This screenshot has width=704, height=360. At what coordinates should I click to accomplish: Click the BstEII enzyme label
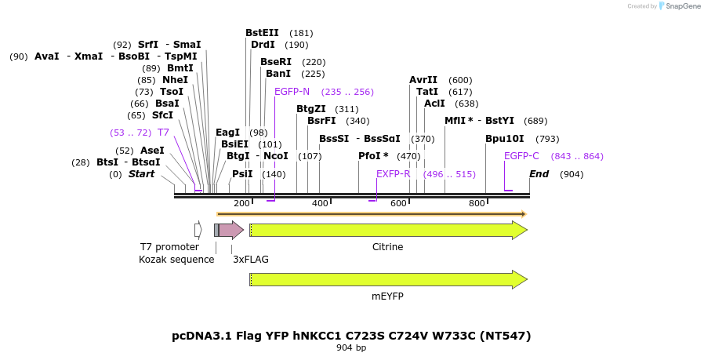point(262,33)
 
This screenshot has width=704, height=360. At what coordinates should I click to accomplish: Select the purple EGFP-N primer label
point(292,92)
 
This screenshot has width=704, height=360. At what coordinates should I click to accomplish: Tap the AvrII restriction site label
point(423,80)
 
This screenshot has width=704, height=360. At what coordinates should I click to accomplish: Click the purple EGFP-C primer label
point(521,156)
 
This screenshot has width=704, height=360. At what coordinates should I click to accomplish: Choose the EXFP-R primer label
point(393,174)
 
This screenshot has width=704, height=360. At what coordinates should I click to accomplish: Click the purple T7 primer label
point(163,133)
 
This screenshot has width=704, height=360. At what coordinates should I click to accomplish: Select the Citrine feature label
point(387,247)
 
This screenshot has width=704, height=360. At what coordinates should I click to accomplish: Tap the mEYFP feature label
point(387,297)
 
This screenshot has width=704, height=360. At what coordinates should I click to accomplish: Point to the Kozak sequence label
point(176,259)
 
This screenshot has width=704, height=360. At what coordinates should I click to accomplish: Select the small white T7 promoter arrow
point(198,230)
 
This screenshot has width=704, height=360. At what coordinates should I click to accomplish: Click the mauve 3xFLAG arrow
point(230,230)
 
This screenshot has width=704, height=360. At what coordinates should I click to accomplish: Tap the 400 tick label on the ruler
point(320,204)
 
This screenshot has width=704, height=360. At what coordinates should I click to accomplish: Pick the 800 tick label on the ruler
point(477,204)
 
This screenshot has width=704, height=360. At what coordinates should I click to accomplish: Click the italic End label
point(539,174)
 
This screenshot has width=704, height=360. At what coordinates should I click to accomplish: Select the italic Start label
point(141,174)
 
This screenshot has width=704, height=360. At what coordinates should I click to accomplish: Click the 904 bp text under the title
point(351,347)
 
